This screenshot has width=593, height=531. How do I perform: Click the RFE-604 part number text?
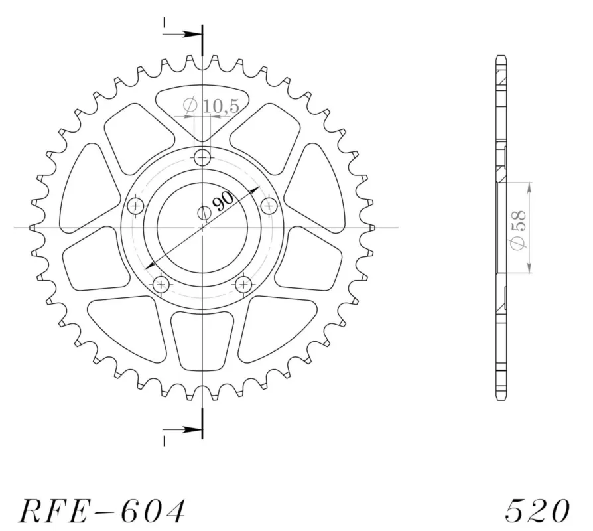tap(101, 510)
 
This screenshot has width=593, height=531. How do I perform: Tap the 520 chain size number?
tap(537, 510)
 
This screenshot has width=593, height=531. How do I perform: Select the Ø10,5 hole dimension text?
tap(211, 106)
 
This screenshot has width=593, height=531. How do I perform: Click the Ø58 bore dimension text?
tap(518, 230)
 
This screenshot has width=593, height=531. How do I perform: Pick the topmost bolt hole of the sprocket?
tap(202, 157)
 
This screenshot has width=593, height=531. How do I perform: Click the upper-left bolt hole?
tap(135, 206)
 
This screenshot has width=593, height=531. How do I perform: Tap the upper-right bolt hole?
tap(269, 206)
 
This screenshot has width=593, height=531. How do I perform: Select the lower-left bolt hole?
tap(161, 284)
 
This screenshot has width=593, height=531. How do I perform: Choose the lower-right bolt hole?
tap(243, 284)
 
